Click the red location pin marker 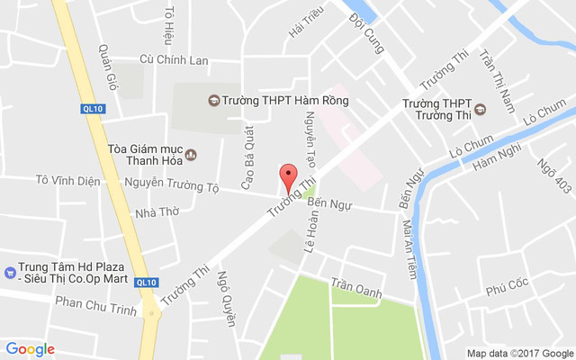[288, 177]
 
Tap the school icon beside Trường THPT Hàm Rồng [213, 100]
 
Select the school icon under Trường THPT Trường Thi [480, 110]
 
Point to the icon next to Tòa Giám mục [190, 155]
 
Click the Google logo [30, 349]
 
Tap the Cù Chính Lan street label [174, 60]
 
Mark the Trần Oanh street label [356, 289]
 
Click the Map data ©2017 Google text [519, 353]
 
